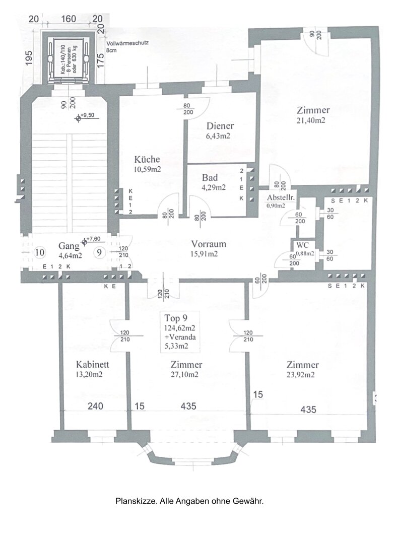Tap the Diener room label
220,126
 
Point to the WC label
303,245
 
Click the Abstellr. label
281,197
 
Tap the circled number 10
40,252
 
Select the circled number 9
100,252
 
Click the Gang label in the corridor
69,246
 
